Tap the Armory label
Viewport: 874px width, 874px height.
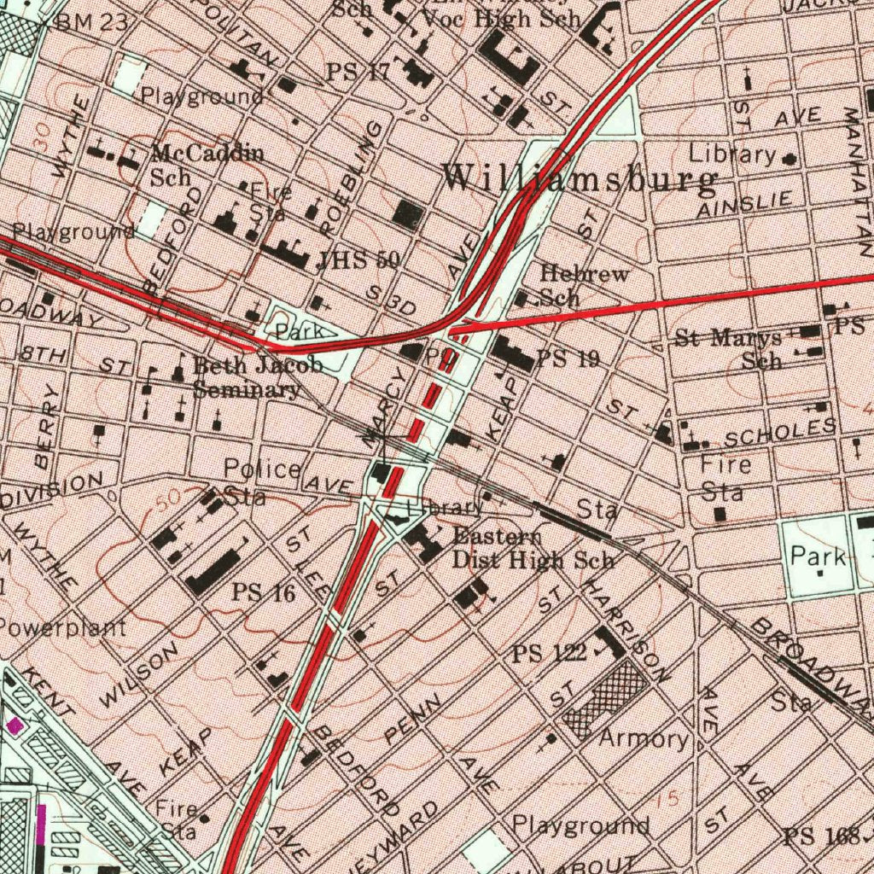pos(643,738)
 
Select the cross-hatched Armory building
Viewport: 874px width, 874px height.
pos(603,700)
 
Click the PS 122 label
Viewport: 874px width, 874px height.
pos(549,654)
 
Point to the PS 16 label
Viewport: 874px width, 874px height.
pos(264,591)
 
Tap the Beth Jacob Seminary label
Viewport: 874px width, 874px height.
pos(256,378)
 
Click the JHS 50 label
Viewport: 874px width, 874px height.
pos(357,260)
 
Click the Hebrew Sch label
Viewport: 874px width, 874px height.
pos(585,286)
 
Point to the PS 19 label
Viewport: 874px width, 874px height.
pos(568,358)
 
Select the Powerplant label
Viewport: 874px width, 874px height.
pos(62,628)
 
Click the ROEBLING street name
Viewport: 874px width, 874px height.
pos(351,179)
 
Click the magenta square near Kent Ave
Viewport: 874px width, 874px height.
pos(15,725)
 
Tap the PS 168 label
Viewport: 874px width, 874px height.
pos(821,836)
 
